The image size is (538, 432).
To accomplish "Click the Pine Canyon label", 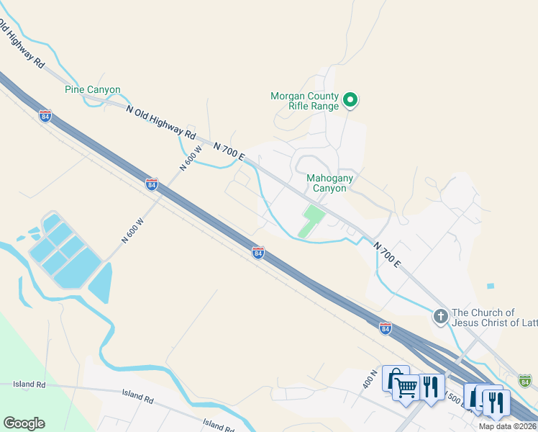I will pyautogui.click(x=93, y=90).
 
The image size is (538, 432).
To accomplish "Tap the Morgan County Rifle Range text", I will pyautogui.click(x=304, y=101).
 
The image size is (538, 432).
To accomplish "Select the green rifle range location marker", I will pyautogui.click(x=350, y=100).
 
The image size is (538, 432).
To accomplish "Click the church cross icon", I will pyautogui.click(x=440, y=316).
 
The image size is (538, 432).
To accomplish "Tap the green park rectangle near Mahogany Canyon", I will pyautogui.click(x=311, y=220).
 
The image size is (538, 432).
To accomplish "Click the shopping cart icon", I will pyautogui.click(x=406, y=387).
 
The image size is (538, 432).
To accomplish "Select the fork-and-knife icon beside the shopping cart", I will pyautogui.click(x=431, y=387).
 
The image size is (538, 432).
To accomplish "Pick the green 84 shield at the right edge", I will pyautogui.click(x=525, y=379).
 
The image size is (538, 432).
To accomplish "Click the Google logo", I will pyautogui.click(x=24, y=423).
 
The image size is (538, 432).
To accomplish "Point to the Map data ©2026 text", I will pyautogui.click(x=508, y=426).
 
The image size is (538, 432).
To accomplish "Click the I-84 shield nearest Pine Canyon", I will pyautogui.click(x=45, y=116).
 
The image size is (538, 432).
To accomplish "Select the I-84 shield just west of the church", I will pyautogui.click(x=386, y=328).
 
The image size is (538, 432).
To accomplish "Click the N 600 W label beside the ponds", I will pyautogui.click(x=133, y=230).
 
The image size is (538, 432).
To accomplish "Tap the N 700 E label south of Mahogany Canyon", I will pyautogui.click(x=387, y=254).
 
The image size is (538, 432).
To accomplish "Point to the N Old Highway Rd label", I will pyautogui.click(x=161, y=122).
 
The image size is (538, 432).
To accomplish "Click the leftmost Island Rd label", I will pyautogui.click(x=29, y=385).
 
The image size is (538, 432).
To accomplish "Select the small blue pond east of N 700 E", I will pyautogui.click(x=491, y=286).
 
